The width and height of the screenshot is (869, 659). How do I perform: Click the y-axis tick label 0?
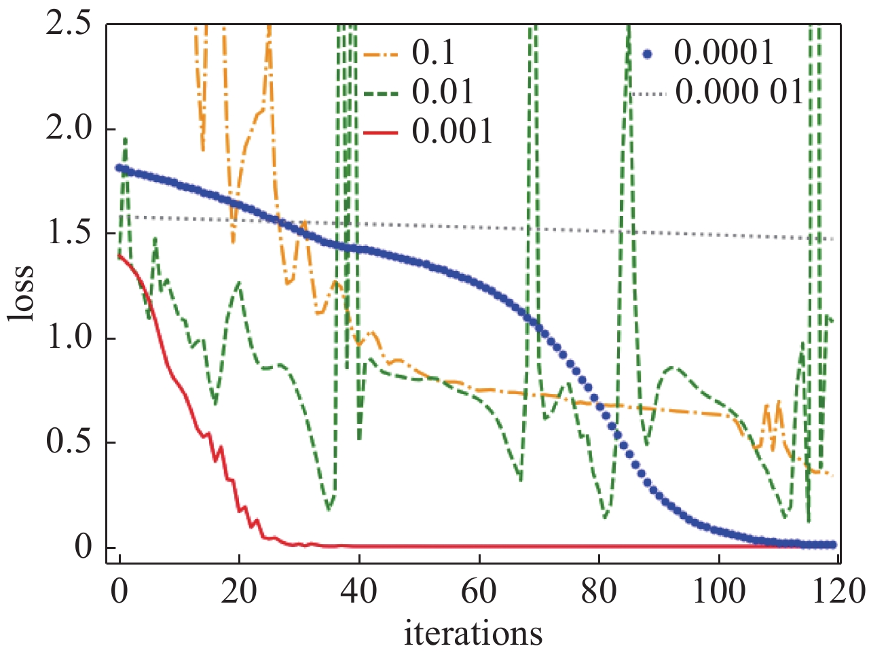(x=83, y=547)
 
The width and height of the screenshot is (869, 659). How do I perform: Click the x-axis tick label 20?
(x=239, y=590)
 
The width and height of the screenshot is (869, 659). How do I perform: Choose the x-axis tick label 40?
(x=359, y=590)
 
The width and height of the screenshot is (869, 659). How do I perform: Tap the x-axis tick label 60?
(x=479, y=590)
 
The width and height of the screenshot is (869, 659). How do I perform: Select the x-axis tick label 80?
(x=599, y=590)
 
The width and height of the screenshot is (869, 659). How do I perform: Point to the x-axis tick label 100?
(x=718, y=590)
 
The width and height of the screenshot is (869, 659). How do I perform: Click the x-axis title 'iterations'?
(x=473, y=633)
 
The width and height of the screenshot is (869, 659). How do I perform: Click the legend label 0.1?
(x=433, y=53)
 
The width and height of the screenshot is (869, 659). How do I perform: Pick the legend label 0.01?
(x=443, y=92)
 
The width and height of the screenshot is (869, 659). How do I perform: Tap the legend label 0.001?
(x=452, y=130)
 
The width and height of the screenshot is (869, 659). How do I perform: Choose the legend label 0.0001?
(x=724, y=53)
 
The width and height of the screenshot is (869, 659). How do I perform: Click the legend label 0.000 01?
(x=739, y=92)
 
